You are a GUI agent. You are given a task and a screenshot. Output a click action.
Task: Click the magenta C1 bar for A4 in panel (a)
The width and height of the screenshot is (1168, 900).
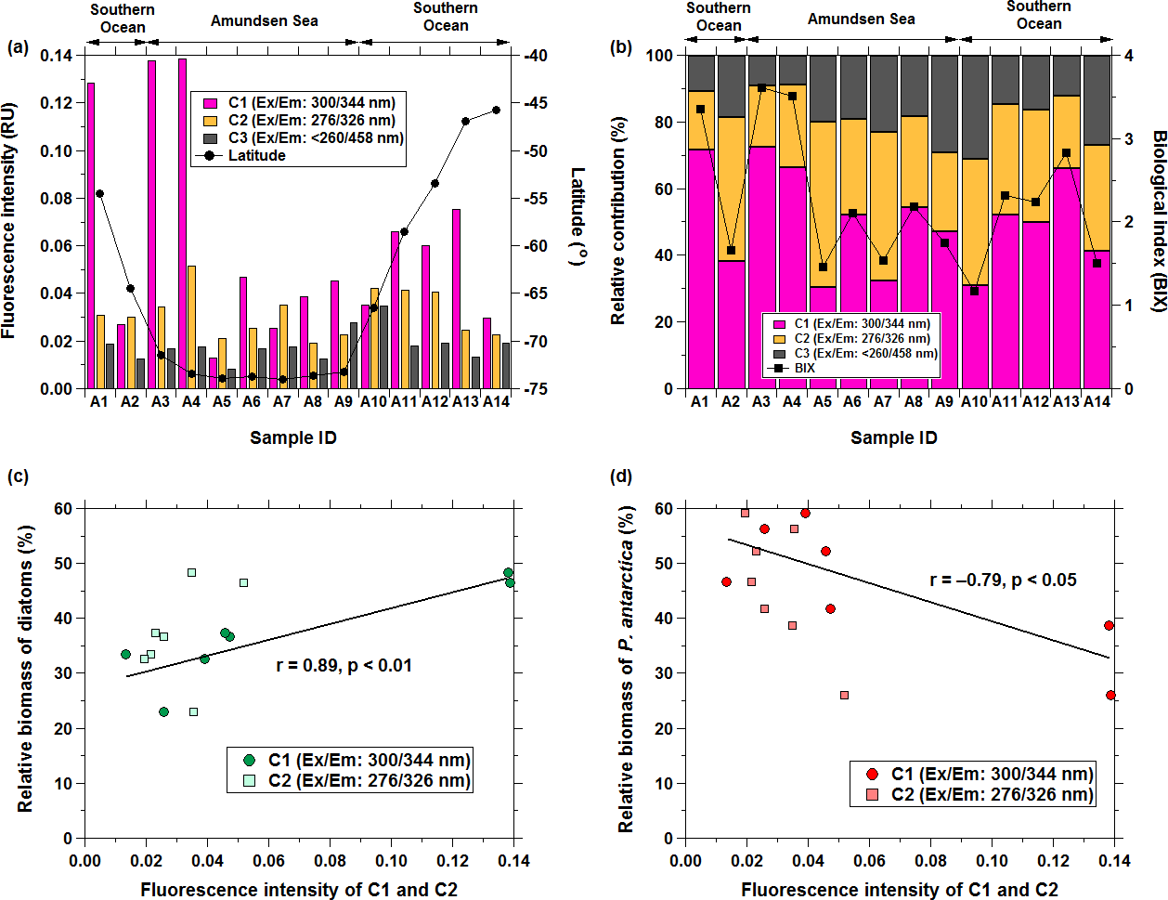click(182, 223)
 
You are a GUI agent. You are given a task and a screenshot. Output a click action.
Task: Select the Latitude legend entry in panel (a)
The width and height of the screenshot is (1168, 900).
click(256, 155)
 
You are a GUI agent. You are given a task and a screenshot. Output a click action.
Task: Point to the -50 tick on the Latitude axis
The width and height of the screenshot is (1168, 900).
click(535, 150)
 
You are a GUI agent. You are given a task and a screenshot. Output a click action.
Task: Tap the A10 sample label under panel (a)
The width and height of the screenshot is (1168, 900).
click(373, 402)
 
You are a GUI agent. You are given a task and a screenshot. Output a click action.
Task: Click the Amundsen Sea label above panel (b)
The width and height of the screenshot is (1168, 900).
click(861, 20)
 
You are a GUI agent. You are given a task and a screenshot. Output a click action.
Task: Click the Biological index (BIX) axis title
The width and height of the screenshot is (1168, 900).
click(1159, 221)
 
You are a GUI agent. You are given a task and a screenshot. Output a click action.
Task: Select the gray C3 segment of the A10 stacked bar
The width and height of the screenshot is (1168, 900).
click(974, 107)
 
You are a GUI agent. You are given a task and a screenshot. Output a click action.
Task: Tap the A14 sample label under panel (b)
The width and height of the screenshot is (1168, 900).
click(1097, 402)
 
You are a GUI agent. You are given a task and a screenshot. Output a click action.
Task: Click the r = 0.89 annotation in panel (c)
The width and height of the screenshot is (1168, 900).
click(344, 665)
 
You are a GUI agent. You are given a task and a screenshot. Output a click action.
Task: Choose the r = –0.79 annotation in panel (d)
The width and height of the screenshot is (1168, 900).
click(1003, 580)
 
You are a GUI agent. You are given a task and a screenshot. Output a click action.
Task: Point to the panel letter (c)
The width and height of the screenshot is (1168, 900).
click(18, 476)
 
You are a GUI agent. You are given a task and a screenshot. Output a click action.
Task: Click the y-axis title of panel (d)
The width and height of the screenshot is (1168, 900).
click(627, 669)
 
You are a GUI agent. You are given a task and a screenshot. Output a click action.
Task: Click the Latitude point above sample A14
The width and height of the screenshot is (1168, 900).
click(496, 110)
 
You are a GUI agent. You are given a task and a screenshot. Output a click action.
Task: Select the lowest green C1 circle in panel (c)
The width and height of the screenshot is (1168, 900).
click(163, 712)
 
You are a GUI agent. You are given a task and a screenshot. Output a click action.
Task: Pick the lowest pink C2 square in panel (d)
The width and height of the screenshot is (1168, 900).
click(844, 695)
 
